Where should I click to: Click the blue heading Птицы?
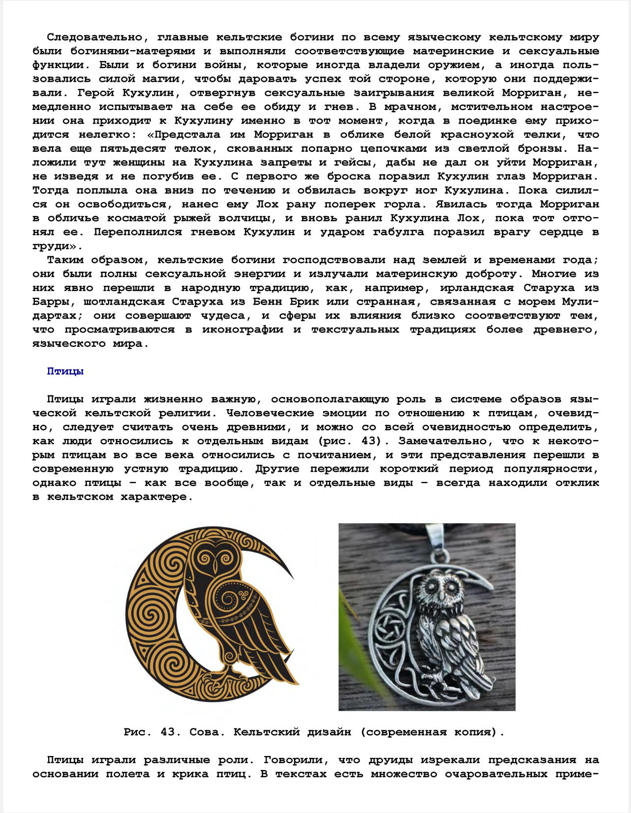pos(65,371)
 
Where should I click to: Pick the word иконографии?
pos(243,330)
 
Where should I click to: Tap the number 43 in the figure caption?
pos(168,732)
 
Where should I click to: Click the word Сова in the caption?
pos(203,732)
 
